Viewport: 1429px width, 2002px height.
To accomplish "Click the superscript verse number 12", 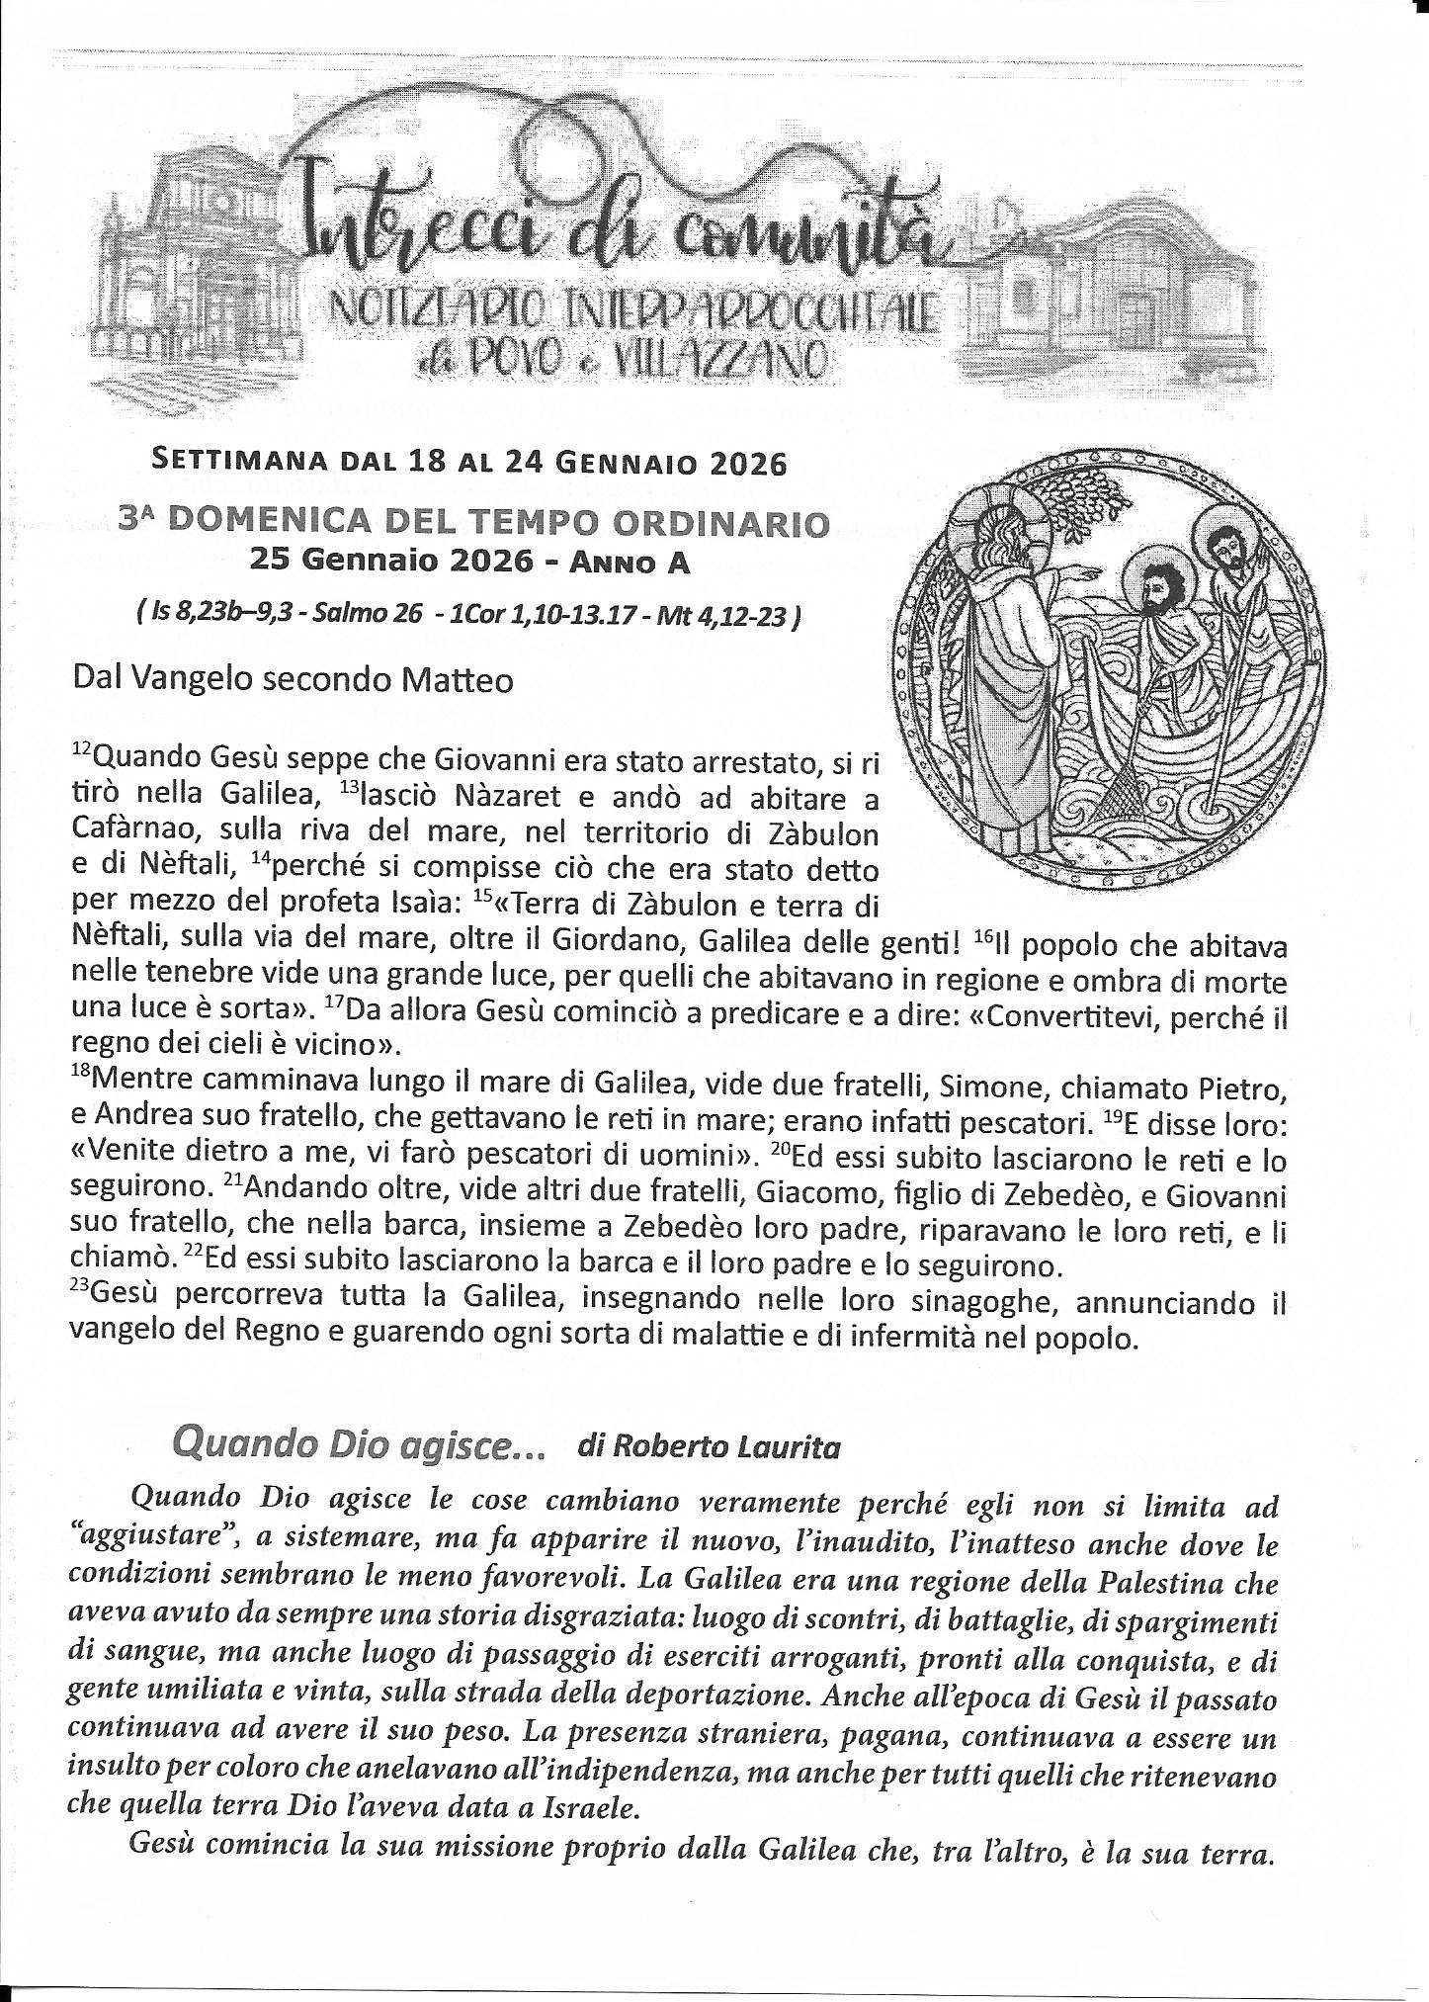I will pos(82,752).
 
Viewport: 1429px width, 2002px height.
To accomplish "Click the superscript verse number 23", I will pos(81,1294).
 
